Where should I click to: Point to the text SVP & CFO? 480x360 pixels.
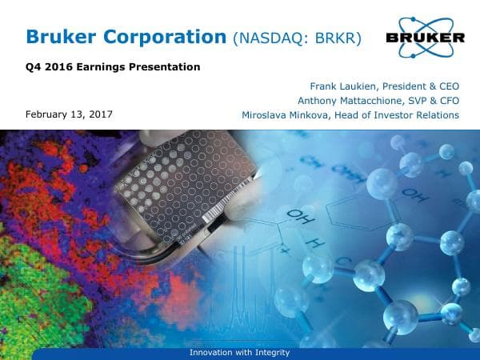433,101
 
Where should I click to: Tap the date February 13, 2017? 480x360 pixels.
69,114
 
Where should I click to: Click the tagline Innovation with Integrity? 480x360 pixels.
239,353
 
